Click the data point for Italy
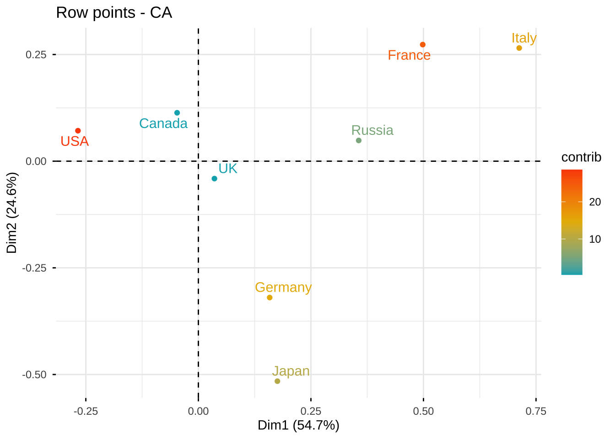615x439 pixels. [519, 48]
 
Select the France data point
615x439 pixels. [422, 45]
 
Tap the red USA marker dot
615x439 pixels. [78, 131]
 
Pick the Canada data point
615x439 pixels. [177, 113]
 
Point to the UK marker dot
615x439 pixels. [214, 178]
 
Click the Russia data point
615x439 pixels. [358, 140]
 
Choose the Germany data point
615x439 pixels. [270, 298]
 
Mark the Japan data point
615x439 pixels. [277, 381]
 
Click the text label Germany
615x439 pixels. [283, 287]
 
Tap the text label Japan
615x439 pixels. [291, 371]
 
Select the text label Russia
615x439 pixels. [372, 130]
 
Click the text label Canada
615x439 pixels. [163, 123]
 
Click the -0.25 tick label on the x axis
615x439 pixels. [86, 411]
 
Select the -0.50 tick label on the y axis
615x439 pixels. [34, 375]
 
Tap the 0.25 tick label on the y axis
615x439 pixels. [36, 54]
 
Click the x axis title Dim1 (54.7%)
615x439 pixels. [298, 425]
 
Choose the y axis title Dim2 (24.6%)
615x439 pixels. [12, 213]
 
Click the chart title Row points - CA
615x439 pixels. [114, 12]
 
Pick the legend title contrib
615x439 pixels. [581, 157]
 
